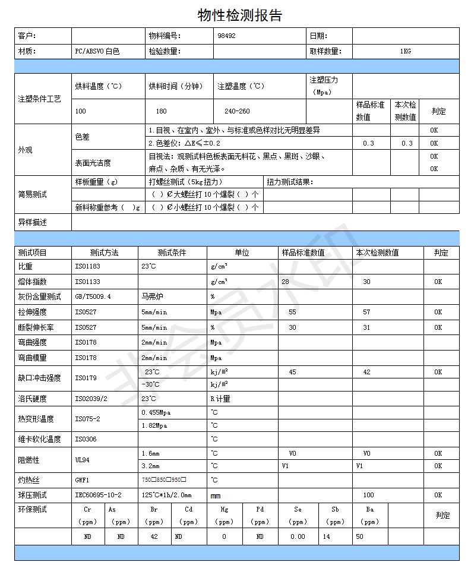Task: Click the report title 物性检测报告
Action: pos(239,15)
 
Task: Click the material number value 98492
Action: pos(226,36)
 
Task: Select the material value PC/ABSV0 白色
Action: pos(97,51)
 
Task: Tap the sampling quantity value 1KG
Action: pos(405,51)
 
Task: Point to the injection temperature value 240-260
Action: pos(237,111)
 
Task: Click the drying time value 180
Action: pos(161,111)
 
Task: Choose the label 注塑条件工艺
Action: pos(39,99)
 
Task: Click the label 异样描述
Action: pos(32,222)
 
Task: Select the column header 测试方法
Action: pos(104,252)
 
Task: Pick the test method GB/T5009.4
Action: pos(93,296)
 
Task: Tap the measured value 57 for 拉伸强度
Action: pos(366,312)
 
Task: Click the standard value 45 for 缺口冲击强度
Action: pos(292,372)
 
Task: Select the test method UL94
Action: pos(83,460)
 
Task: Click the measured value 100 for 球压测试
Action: pos(368,495)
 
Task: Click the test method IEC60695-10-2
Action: pos(98,495)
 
